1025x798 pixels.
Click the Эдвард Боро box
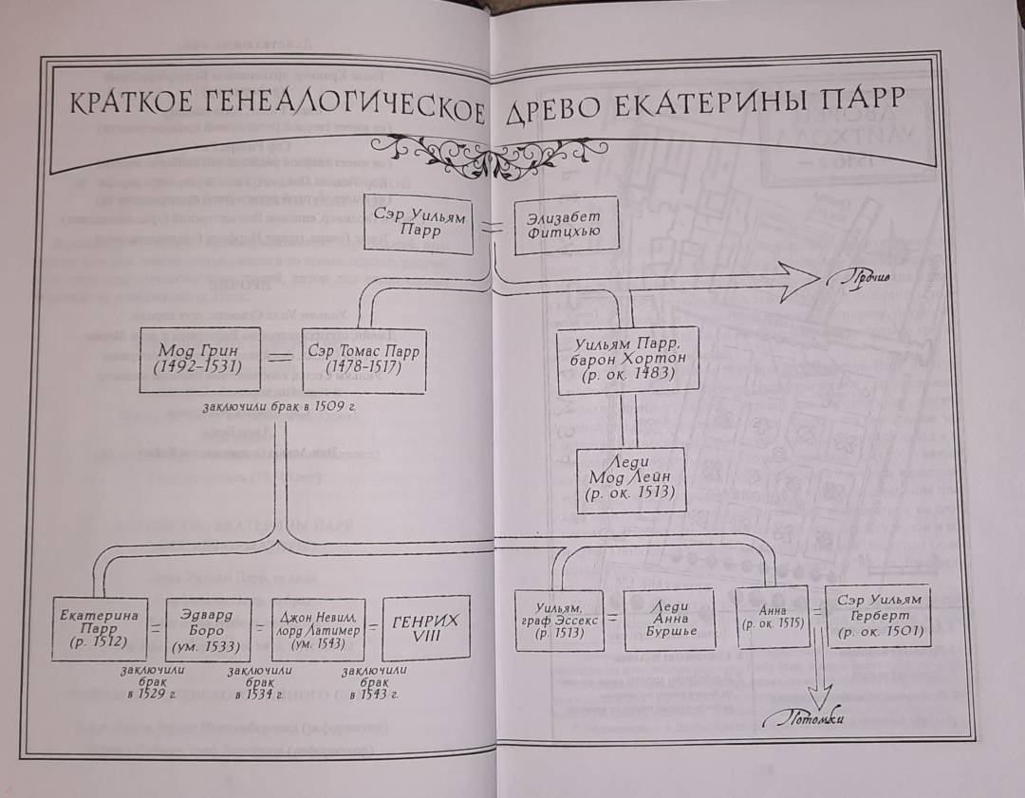click(207, 628)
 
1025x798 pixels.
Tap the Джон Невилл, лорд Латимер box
click(318, 627)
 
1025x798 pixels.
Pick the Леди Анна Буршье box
click(668, 619)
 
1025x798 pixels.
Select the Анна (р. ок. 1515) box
click(771, 618)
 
